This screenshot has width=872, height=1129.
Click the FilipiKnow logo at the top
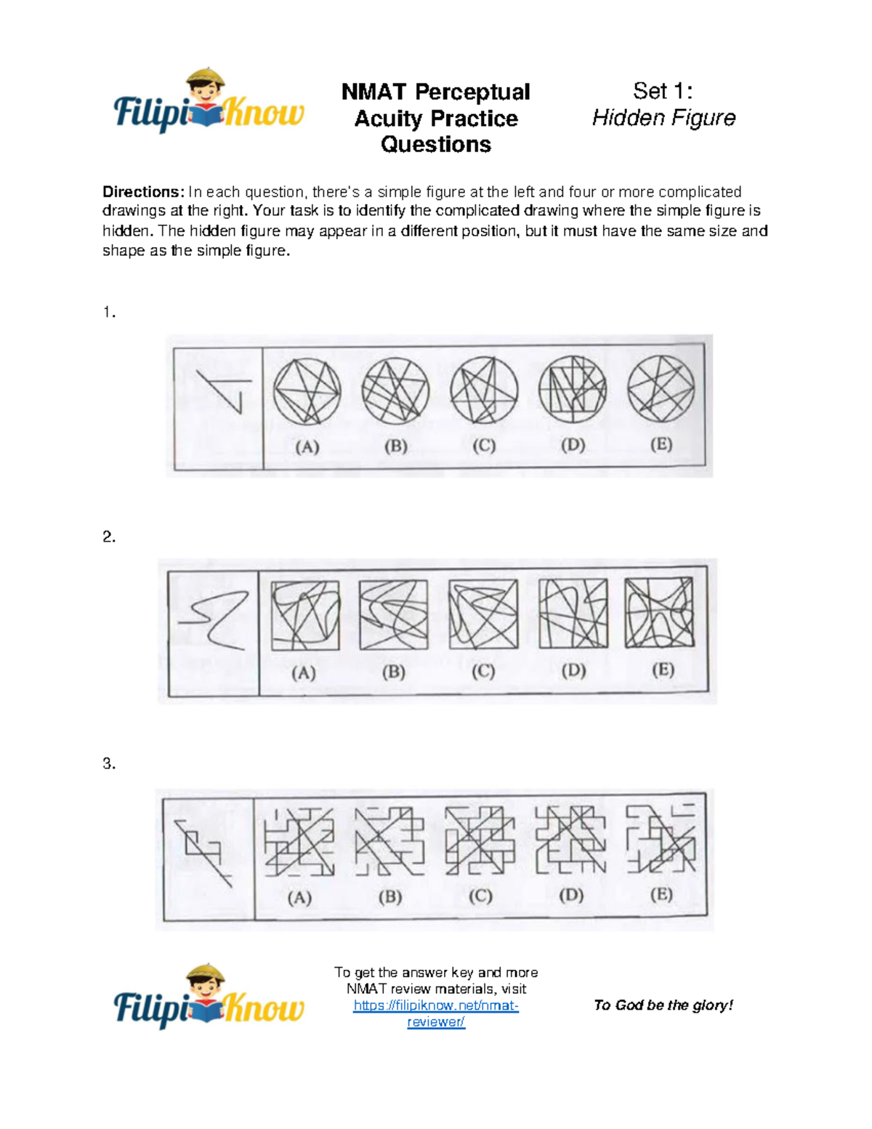click(x=209, y=103)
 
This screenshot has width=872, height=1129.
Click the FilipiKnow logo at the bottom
click(x=209, y=999)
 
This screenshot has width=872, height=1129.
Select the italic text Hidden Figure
click(x=663, y=118)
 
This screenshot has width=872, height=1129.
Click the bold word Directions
click(x=142, y=192)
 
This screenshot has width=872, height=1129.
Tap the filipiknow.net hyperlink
click(x=436, y=1013)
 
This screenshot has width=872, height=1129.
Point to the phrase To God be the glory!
click(x=663, y=1005)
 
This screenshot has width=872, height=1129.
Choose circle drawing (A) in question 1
click(x=307, y=391)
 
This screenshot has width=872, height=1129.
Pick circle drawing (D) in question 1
click(x=573, y=390)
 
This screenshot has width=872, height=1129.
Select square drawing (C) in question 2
click(x=483, y=614)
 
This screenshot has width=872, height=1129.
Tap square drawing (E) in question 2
click(x=660, y=613)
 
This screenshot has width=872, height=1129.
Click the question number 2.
click(x=109, y=537)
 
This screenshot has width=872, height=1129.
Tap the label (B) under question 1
click(x=395, y=446)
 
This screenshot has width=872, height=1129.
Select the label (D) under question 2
click(x=573, y=670)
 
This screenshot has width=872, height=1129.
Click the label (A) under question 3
click(x=299, y=898)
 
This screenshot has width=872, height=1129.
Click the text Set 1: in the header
click(x=663, y=91)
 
